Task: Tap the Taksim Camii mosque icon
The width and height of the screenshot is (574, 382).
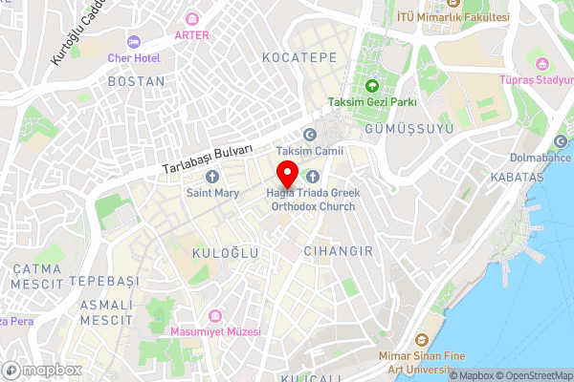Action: pyautogui.click(x=309, y=137)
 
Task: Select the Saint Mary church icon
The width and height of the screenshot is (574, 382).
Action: pyautogui.click(x=212, y=177)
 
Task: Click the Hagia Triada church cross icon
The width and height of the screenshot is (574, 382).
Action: pyautogui.click(x=312, y=176)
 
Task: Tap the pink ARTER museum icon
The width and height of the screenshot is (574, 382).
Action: pyautogui.click(x=192, y=18)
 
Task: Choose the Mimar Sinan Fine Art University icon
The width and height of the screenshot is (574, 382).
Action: pyautogui.click(x=421, y=339)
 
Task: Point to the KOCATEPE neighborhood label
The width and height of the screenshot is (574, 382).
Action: pyautogui.click(x=299, y=58)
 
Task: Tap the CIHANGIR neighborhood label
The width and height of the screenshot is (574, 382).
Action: pyautogui.click(x=336, y=250)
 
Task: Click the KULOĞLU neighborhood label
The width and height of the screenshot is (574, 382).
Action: pyautogui.click(x=226, y=252)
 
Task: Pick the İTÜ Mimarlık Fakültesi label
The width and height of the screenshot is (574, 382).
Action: pyautogui.click(x=453, y=17)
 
